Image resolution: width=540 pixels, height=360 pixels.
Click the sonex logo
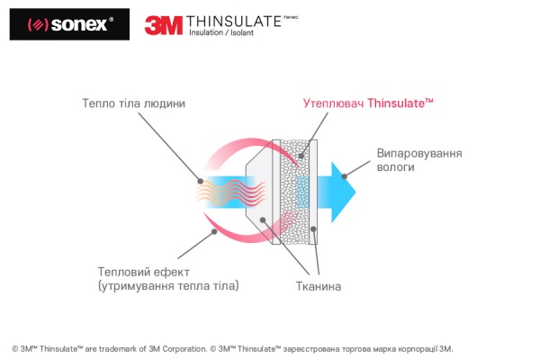click(60, 23)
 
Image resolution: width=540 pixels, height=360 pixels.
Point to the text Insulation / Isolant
click(221, 34)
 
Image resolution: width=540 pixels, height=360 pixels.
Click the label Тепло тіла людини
click(133, 103)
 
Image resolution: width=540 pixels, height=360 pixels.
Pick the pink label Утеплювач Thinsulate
click(369, 103)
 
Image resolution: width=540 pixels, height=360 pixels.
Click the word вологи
click(397, 167)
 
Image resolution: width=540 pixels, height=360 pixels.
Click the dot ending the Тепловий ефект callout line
click(214, 230)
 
